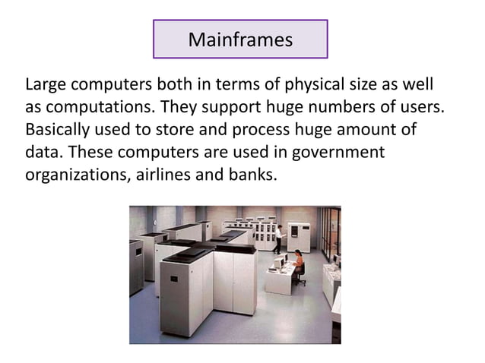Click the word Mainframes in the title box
240,39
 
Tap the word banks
253,175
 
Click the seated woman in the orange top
298,262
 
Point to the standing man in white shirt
279,238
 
